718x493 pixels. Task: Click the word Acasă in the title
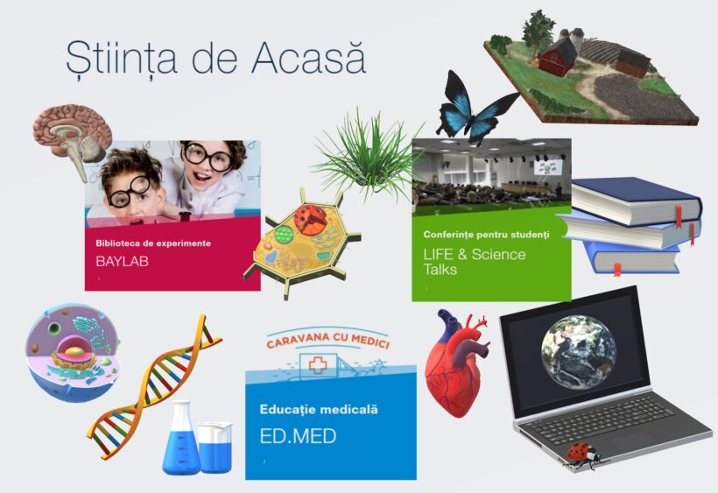[308, 58]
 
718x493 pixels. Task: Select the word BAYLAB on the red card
[122, 261]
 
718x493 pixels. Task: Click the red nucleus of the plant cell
[311, 219]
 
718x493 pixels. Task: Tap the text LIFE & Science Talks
[475, 261]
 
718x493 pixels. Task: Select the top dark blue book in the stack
[636, 201]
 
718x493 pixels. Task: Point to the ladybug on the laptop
[581, 454]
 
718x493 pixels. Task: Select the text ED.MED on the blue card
[298, 436]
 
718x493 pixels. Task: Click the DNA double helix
[154, 387]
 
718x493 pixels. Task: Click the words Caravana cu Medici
[327, 340]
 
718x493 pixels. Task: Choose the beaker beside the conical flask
[215, 447]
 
